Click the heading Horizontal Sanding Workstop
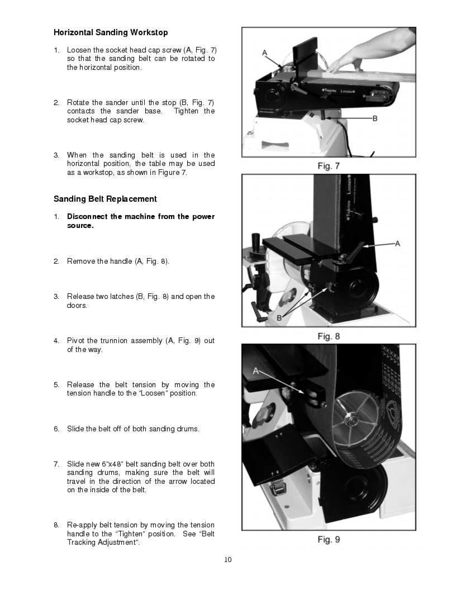click(111, 32)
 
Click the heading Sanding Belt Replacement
click(105, 199)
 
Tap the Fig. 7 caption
click(329, 166)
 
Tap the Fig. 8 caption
click(329, 336)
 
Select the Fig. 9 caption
click(329, 539)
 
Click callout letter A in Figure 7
click(265, 53)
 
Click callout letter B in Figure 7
click(375, 118)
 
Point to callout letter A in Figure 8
click(397, 244)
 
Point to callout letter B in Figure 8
click(279, 317)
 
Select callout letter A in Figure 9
click(256, 370)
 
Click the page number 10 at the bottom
click(227, 560)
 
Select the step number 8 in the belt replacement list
click(56, 525)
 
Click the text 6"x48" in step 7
click(104, 464)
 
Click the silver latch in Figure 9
click(277, 487)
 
